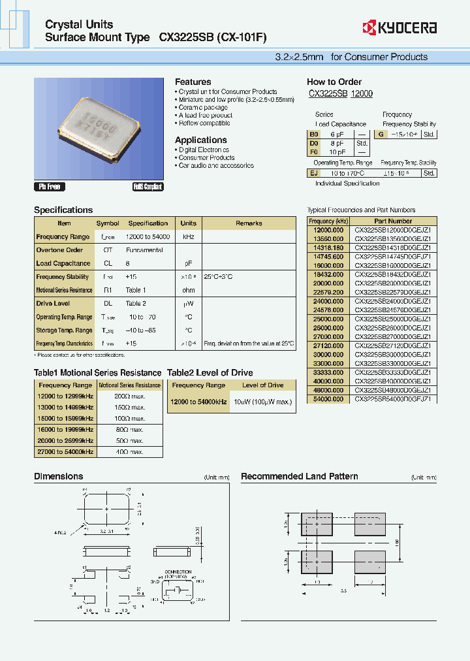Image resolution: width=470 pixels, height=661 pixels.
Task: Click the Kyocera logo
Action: coord(399,28)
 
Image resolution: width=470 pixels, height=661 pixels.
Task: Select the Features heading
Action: coord(193,82)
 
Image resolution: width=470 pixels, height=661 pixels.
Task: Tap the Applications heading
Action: coord(200,140)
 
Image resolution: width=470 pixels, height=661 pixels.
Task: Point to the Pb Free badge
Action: coord(50,187)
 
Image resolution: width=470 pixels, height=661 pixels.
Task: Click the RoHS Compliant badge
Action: coord(148,187)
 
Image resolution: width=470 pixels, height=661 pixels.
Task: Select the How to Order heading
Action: coord(334,82)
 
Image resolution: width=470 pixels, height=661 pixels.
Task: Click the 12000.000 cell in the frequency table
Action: coord(329,230)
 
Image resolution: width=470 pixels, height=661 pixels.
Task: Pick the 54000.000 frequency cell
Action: coord(329,398)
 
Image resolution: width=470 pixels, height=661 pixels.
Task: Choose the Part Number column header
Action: coord(393,221)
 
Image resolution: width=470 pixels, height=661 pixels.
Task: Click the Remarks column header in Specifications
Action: coord(249,223)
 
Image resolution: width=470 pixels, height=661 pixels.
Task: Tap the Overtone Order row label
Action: coord(59,250)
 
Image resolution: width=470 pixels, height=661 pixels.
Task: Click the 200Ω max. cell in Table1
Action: coord(129,396)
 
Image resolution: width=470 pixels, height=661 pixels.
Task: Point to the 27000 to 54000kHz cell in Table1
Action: coord(65,451)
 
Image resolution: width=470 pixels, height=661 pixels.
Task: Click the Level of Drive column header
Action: coord(263,385)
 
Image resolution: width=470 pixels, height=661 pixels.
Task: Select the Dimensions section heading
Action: coord(59,477)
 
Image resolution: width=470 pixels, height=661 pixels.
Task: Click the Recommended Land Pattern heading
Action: coord(299,477)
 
